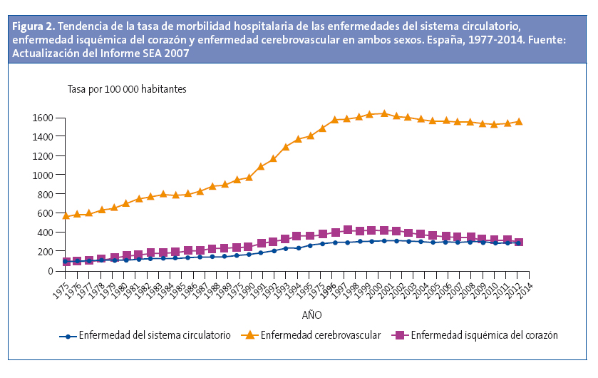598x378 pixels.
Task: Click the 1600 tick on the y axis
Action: click(x=41, y=117)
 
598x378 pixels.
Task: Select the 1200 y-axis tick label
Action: click(x=41, y=155)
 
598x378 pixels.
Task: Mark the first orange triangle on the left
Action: click(x=66, y=215)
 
